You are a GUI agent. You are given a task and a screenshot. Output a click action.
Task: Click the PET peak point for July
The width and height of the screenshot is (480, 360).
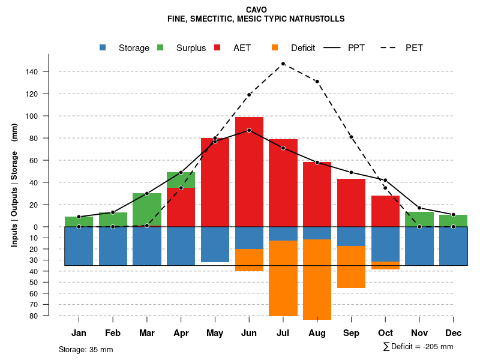283,64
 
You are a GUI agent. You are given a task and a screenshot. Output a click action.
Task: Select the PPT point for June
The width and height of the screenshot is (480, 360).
249,130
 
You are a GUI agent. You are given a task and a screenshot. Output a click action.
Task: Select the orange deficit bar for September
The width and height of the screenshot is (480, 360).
351,267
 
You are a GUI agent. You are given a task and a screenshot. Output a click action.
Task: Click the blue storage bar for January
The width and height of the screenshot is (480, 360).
79,246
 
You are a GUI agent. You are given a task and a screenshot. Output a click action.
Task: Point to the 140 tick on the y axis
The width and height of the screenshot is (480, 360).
48,72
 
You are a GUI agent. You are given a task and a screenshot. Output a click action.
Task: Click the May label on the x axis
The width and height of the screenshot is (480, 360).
215,333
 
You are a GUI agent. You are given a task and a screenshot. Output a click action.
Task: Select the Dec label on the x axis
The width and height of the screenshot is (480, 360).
454,333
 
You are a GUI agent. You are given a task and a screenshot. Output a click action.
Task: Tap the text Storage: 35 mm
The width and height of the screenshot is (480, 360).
86,349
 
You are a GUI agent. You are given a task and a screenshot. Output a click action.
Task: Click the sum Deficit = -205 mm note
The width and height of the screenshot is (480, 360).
418,347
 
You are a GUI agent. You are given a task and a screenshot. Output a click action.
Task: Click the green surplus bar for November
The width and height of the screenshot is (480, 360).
419,219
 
